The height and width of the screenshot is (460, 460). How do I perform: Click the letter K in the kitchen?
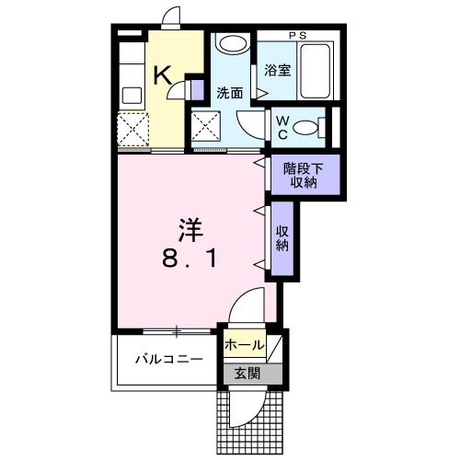(x=161, y=75)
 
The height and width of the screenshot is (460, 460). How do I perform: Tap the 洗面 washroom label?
(x=229, y=93)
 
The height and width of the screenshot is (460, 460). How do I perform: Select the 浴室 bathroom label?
(x=278, y=69)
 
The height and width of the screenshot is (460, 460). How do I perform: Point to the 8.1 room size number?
(x=190, y=260)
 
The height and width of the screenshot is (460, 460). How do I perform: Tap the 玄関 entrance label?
(x=246, y=374)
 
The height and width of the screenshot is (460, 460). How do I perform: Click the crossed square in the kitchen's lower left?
(x=132, y=127)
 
